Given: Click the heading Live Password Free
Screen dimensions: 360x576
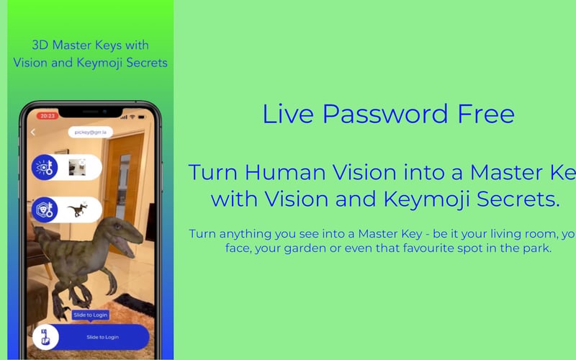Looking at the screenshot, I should pyautogui.click(x=388, y=114).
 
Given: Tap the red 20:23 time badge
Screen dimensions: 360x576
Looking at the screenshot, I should pyautogui.click(x=47, y=115).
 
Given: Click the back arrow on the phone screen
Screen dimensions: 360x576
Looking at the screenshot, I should pyautogui.click(x=33, y=132).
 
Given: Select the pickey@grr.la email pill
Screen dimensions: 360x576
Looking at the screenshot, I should pyautogui.click(x=90, y=132).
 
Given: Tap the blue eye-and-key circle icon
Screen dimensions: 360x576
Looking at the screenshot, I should pyautogui.click(x=45, y=167).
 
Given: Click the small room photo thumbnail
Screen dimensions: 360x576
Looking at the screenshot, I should pyautogui.click(x=77, y=167).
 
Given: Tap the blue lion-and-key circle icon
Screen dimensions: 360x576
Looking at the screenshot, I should pyautogui.click(x=45, y=210).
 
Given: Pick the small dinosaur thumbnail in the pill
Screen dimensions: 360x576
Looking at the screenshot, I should pyautogui.click(x=77, y=210).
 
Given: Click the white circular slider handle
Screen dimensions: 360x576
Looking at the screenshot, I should pyautogui.click(x=45, y=337).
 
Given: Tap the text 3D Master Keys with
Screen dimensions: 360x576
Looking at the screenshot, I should pyautogui.click(x=90, y=44).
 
